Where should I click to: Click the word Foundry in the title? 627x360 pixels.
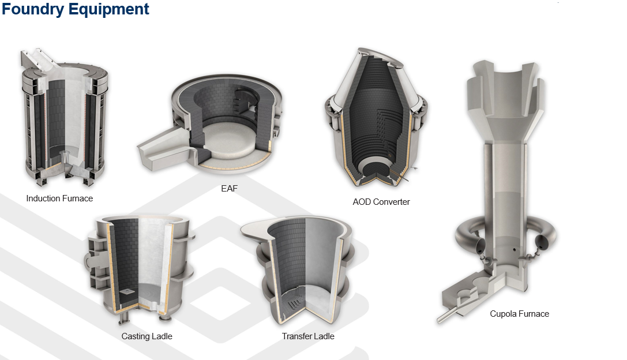(x=33, y=9)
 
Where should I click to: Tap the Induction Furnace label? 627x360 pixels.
(x=59, y=198)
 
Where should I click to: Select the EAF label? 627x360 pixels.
(x=229, y=189)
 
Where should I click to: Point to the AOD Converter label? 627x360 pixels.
(x=381, y=202)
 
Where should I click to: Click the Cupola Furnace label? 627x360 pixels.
(x=520, y=314)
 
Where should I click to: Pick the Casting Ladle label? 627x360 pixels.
(x=147, y=336)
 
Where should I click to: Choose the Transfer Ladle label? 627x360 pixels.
(x=308, y=336)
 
